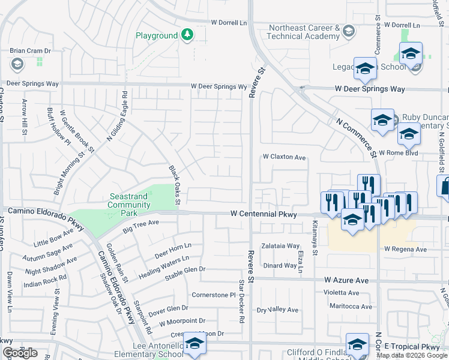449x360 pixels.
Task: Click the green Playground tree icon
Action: tap(187, 35)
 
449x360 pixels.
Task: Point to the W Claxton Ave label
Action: tap(285, 157)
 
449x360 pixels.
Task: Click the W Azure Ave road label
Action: tap(346, 280)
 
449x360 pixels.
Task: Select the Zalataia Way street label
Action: tap(280, 246)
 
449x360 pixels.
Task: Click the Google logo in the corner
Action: tap(20, 353)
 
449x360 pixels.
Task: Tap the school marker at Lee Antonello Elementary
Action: tap(194, 343)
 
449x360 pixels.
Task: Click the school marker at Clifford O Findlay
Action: tap(357, 344)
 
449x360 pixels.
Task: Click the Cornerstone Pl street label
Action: tap(213, 295)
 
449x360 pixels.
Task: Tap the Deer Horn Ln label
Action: tap(173, 250)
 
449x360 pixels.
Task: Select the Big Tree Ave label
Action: tap(140, 226)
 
